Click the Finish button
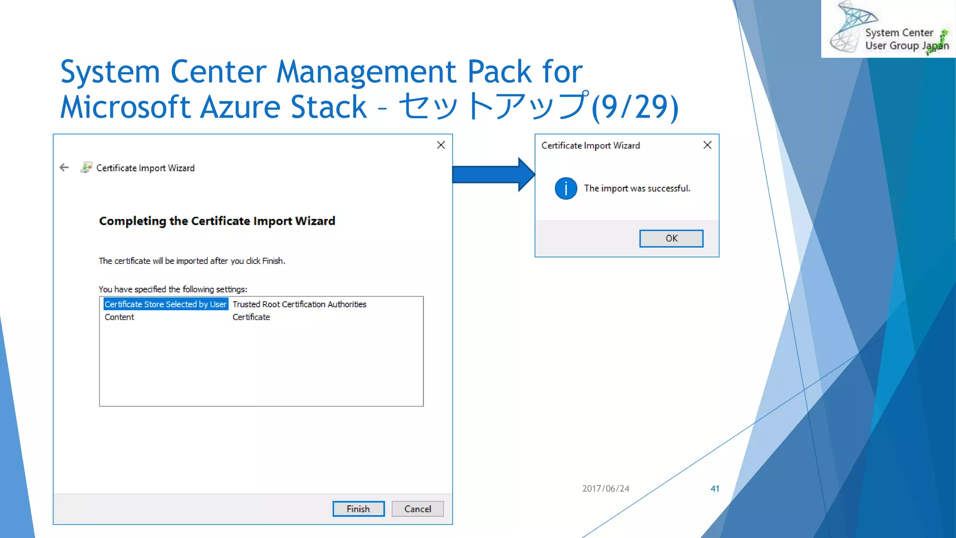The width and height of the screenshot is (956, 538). pyautogui.click(x=358, y=509)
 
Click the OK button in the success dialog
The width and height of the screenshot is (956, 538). pyautogui.click(x=671, y=238)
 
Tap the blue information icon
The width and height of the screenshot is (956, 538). pyautogui.click(x=566, y=189)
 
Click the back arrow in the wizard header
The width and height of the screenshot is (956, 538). pyautogui.click(x=64, y=168)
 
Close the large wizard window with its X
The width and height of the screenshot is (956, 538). pyautogui.click(x=441, y=145)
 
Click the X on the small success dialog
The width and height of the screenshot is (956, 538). pyautogui.click(x=707, y=145)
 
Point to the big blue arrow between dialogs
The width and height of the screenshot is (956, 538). pyautogui.click(x=493, y=175)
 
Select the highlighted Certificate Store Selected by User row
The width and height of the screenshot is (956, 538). pyautogui.click(x=166, y=304)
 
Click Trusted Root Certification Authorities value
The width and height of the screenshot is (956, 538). pyautogui.click(x=299, y=304)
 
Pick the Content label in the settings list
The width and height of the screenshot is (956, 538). pyautogui.click(x=119, y=317)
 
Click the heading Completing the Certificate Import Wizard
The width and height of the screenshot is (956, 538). pyautogui.click(x=217, y=221)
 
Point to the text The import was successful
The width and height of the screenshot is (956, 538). pyautogui.click(x=637, y=188)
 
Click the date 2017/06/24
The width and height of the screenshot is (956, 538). pyautogui.click(x=605, y=488)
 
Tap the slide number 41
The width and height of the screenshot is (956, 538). pyautogui.click(x=715, y=488)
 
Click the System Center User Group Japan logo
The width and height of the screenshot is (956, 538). pyautogui.click(x=888, y=29)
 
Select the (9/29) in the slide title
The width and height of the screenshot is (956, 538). pyautogui.click(x=635, y=107)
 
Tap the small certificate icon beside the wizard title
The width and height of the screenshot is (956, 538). pyautogui.click(x=86, y=167)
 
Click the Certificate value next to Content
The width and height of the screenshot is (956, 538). pyautogui.click(x=251, y=317)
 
